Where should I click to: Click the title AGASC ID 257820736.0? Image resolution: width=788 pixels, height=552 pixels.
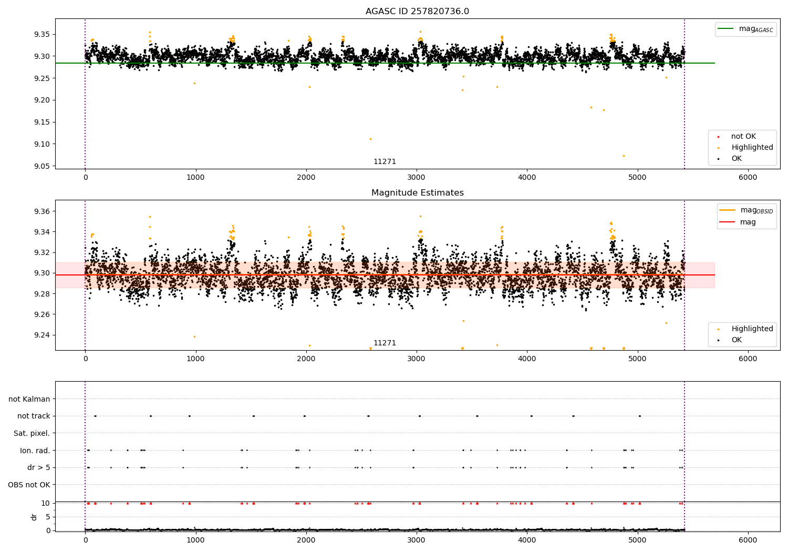(x=417, y=12)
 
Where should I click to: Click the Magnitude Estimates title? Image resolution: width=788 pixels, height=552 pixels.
(x=417, y=193)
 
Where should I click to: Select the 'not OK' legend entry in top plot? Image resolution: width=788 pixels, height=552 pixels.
(x=743, y=137)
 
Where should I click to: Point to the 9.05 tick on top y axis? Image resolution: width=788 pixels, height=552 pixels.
(x=42, y=166)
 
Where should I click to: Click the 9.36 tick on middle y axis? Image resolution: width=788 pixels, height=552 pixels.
(x=42, y=211)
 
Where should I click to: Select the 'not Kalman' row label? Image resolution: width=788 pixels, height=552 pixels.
(x=29, y=399)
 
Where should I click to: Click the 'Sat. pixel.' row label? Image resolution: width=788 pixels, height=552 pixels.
(x=32, y=433)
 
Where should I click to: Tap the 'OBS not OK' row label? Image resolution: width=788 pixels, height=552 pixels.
(x=29, y=485)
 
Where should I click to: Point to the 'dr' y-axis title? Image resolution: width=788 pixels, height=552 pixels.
(x=34, y=517)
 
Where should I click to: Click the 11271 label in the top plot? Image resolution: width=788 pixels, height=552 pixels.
(x=385, y=161)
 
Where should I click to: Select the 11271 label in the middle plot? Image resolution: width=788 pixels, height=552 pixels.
(x=385, y=343)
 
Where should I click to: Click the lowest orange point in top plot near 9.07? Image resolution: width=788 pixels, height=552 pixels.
(x=624, y=156)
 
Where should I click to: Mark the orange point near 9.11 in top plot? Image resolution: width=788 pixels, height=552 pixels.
(x=370, y=139)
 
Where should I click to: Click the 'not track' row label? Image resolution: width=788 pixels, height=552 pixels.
(x=34, y=416)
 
